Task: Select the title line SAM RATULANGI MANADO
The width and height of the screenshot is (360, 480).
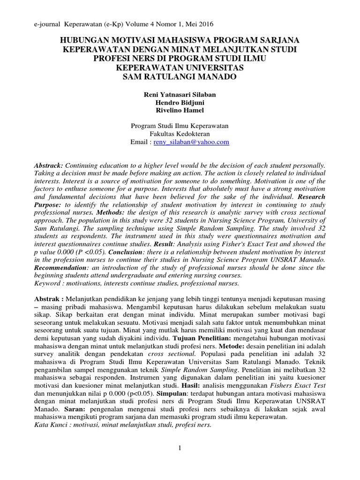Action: click(x=180, y=76)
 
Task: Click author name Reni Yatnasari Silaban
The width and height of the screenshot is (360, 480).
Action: click(x=180, y=95)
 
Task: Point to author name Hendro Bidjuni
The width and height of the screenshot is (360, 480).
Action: click(x=180, y=103)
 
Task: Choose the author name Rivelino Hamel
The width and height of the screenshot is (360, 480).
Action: click(x=180, y=111)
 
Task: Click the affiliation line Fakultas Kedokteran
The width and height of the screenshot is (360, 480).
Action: click(x=180, y=134)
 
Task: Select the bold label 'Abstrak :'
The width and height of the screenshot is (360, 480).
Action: click(x=49, y=299)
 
